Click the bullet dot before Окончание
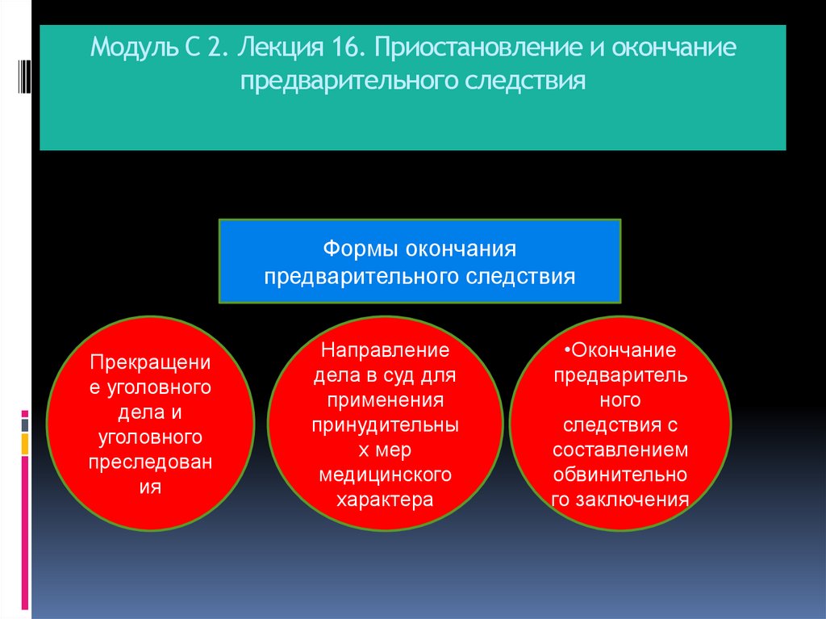pos(567,351)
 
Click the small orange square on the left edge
pos(25,442)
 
